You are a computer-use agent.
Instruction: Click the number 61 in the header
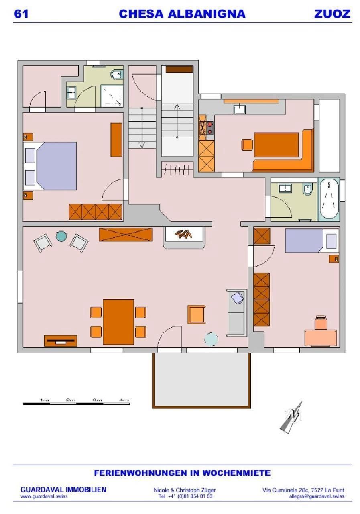click(x=21, y=14)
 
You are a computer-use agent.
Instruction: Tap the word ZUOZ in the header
click(x=332, y=14)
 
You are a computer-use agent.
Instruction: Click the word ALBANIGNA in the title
click(x=207, y=14)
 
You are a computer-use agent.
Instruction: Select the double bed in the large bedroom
click(x=50, y=166)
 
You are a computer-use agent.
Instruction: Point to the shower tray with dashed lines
click(x=112, y=96)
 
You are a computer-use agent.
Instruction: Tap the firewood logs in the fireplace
click(x=183, y=234)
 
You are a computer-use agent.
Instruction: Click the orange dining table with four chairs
click(x=118, y=322)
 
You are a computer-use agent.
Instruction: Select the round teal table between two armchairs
click(x=61, y=236)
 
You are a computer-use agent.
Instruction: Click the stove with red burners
click(x=210, y=128)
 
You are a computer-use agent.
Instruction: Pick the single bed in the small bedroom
click(x=312, y=241)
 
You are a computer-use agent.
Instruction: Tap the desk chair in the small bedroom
click(x=321, y=323)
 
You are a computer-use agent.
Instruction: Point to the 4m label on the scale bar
click(x=124, y=400)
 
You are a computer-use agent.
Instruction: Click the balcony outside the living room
click(x=201, y=380)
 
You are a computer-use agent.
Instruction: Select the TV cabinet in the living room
click(x=61, y=341)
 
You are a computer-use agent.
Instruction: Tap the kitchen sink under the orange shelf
click(x=240, y=109)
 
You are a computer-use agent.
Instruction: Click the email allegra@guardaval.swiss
click(x=316, y=496)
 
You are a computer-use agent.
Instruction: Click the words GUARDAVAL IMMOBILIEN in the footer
click(x=63, y=490)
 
